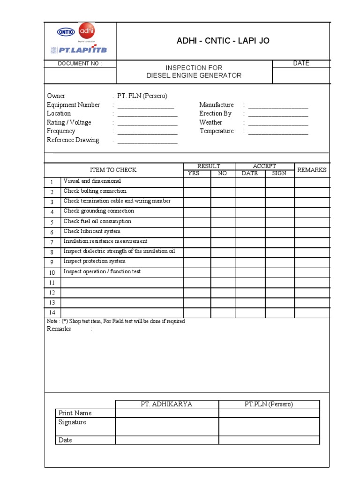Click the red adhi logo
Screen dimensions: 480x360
point(87,32)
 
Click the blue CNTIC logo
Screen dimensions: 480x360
point(66,32)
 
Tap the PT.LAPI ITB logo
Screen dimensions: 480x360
point(79,50)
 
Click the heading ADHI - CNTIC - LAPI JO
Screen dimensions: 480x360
point(223,41)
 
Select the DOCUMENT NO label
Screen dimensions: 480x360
point(79,64)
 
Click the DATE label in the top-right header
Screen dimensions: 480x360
point(301,63)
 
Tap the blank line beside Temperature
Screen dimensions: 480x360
point(278,132)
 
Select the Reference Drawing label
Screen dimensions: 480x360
point(73,140)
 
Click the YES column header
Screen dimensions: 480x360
point(194,173)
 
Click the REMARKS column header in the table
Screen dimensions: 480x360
point(312,170)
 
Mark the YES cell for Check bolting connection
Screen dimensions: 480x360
point(197,192)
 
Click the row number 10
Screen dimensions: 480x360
point(52,272)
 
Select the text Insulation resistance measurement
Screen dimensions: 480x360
point(105,241)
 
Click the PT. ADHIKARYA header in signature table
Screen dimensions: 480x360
point(166,405)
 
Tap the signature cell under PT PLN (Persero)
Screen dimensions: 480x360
point(269,427)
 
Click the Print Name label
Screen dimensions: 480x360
point(75,413)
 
